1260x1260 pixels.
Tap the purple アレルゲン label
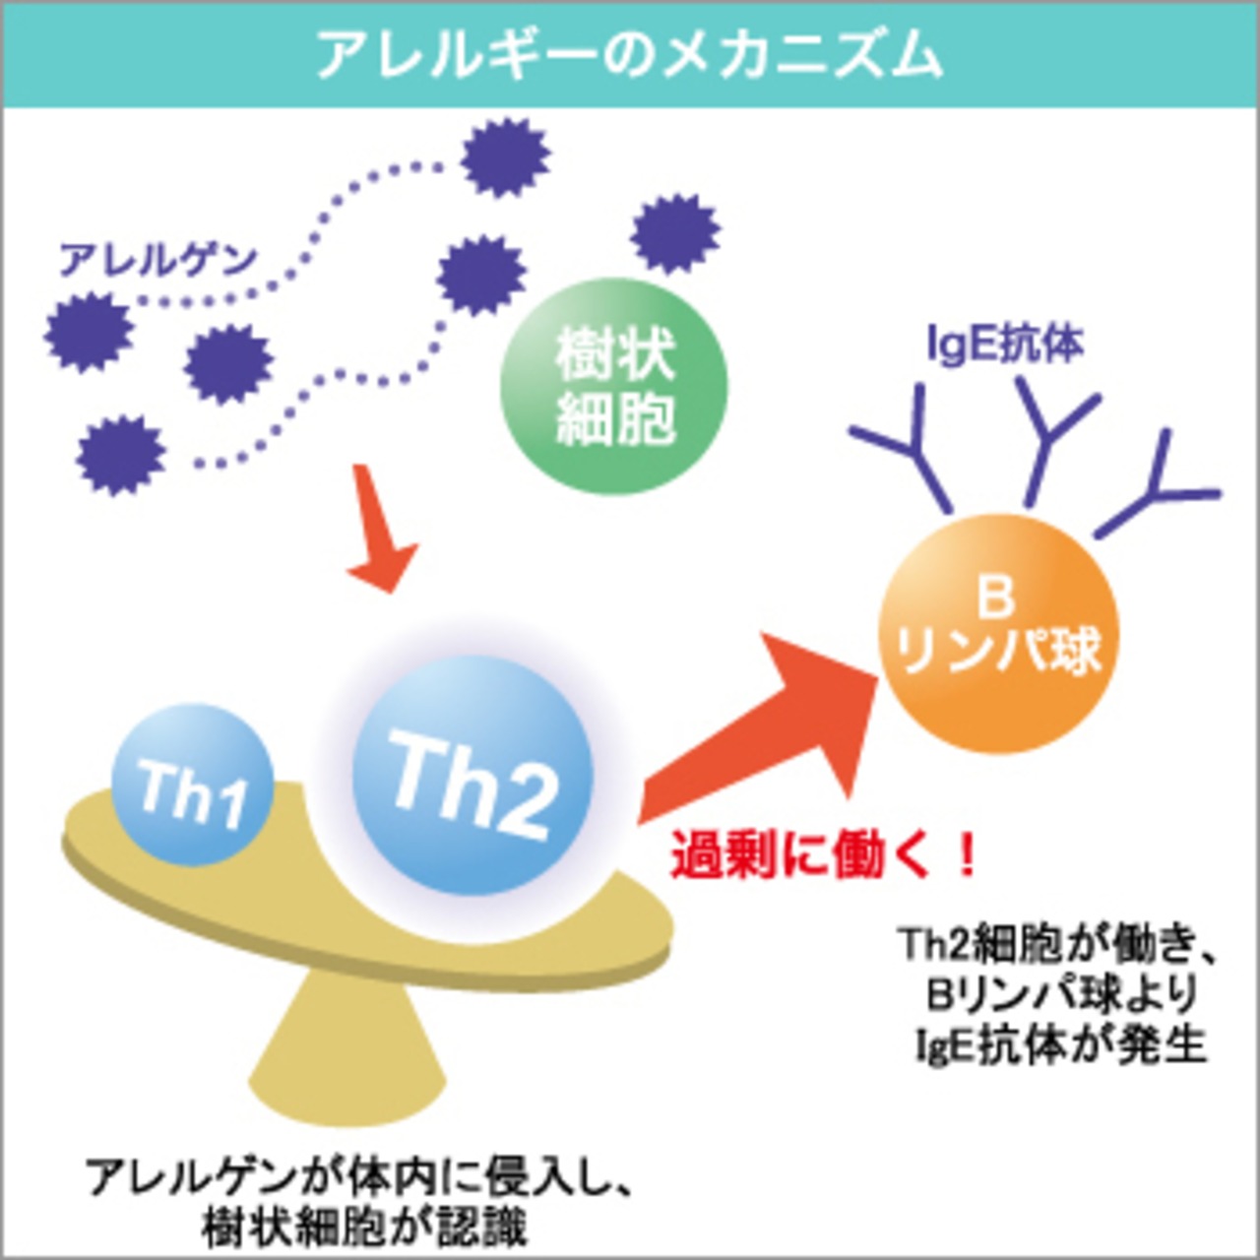(157, 260)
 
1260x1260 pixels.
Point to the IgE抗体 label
(1005, 344)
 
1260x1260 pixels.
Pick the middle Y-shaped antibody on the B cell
(1048, 433)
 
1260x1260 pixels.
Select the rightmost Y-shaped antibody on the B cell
(1162, 487)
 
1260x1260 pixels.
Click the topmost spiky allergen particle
(505, 157)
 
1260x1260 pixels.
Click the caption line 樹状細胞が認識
(364, 1227)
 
